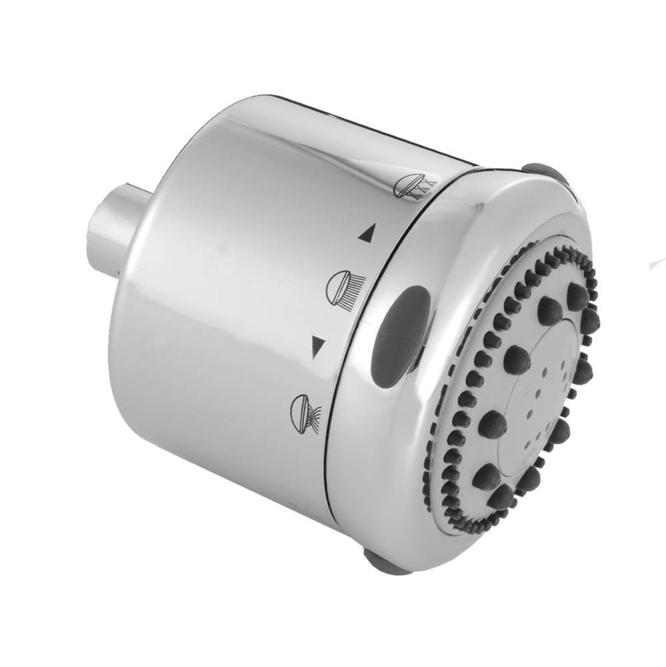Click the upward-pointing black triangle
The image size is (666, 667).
click(365, 233)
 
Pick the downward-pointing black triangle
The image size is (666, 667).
click(318, 345)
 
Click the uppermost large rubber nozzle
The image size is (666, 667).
click(577, 294)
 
